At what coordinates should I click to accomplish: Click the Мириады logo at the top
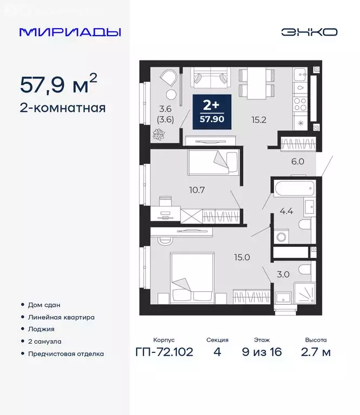tap(70, 32)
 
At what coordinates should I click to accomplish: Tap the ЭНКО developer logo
tap(309, 32)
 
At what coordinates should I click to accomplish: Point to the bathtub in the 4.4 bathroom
tap(295, 189)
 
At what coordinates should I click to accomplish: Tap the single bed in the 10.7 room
tap(213, 163)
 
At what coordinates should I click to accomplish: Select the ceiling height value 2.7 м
tap(315, 352)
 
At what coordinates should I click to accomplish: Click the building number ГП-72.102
tap(163, 352)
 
